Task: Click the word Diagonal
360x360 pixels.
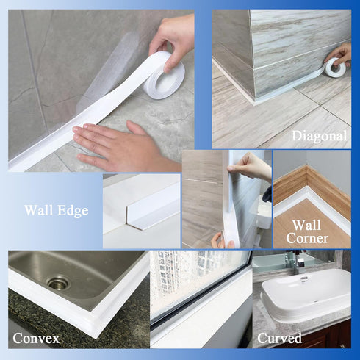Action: (319, 136)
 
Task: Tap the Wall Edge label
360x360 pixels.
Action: (56, 211)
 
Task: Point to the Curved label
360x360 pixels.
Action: (279, 338)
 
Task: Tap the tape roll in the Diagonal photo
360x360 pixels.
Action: (336, 68)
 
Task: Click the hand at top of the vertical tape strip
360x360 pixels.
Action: (250, 168)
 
